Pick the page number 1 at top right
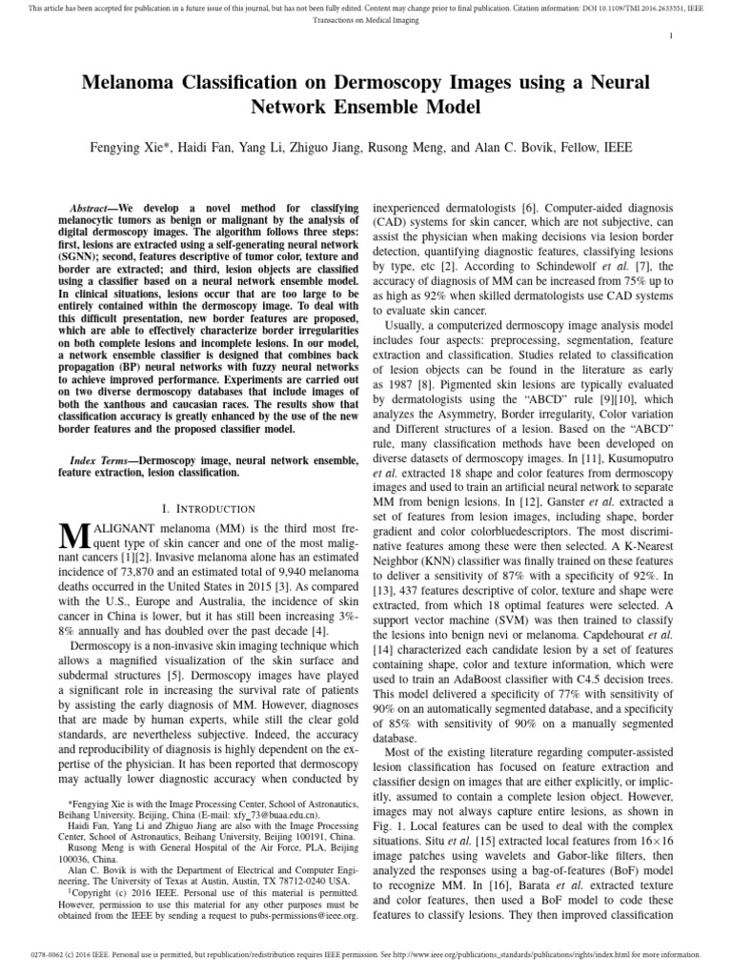click(672, 35)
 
